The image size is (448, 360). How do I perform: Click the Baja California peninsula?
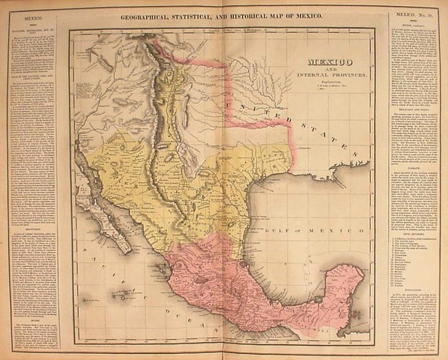click(109, 217)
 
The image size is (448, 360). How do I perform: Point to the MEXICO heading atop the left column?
click(30, 16)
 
